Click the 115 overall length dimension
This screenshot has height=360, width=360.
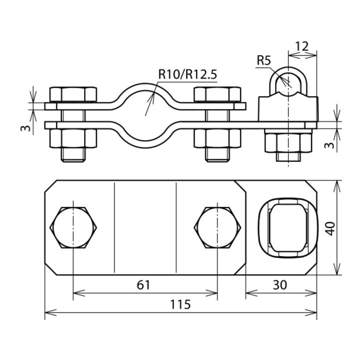180,304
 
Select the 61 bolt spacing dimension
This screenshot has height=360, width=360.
143,285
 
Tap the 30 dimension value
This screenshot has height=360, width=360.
280,285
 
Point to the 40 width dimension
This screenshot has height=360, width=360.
330,228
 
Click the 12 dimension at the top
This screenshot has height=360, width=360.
301,46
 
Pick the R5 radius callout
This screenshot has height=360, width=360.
264,60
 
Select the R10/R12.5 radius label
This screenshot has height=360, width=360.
187,74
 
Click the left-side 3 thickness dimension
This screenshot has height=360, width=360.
25,128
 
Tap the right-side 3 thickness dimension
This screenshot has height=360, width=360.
330,145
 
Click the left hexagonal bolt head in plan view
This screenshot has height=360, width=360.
73,227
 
